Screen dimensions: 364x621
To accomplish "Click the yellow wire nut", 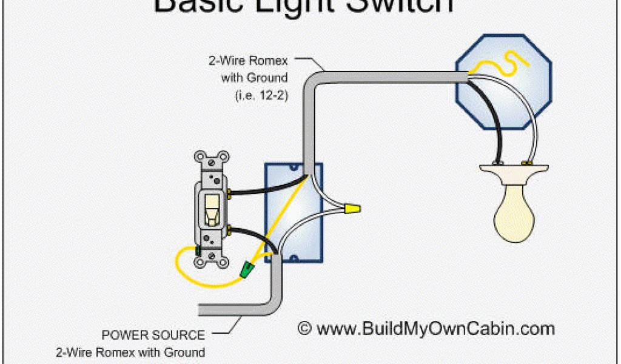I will coord(349,209).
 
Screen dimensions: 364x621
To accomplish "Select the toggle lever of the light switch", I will coord(212,209).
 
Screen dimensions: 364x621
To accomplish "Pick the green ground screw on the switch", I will coord(198,250).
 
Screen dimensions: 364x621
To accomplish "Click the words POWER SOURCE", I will coord(153,334).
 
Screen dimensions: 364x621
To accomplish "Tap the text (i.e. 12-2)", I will coord(260,96).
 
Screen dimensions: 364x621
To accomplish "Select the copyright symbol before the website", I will coord(305,329).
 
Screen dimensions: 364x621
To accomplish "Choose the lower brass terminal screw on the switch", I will coord(230,231).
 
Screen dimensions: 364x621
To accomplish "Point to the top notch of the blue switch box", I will coord(294,168).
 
